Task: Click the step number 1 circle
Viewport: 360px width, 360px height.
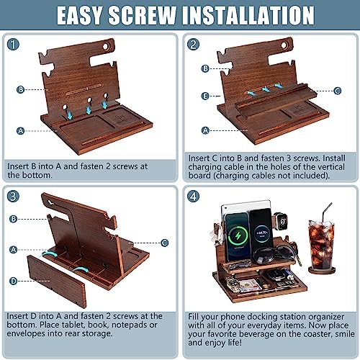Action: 13,45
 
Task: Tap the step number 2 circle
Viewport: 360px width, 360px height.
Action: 193,45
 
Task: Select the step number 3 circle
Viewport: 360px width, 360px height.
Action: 13,196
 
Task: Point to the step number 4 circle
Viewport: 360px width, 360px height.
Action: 193,197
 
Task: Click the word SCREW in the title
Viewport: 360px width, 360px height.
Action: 143,15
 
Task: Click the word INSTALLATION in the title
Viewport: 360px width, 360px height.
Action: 248,15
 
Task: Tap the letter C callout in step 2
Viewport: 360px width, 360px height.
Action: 338,91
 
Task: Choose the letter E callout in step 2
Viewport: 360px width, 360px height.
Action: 205,96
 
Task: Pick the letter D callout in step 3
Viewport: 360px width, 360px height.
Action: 14,281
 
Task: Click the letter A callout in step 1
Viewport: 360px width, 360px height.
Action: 21,131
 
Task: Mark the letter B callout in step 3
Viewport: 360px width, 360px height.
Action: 14,219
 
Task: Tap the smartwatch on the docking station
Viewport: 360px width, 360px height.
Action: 282,221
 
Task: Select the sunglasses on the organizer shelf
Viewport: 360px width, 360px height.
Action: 274,255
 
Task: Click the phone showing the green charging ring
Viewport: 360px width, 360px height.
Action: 237,236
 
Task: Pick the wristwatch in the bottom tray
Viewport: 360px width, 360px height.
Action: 233,284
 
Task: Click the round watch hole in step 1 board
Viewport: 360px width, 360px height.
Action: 106,46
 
